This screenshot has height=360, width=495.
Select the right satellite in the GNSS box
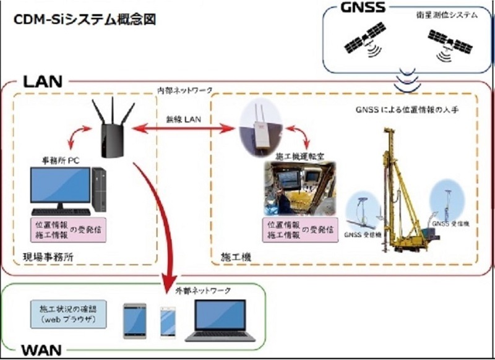tap(453, 45)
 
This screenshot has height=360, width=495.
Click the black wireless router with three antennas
tap(111, 130)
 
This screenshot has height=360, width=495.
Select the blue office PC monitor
tap(59, 186)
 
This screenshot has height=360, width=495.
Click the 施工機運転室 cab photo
tap(296, 188)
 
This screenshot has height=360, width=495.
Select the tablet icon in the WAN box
tap(135, 320)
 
